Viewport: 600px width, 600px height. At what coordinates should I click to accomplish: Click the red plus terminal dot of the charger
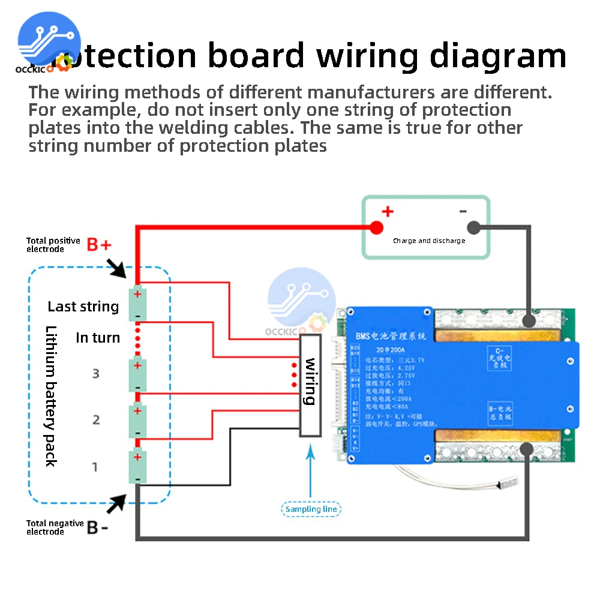coord(376,227)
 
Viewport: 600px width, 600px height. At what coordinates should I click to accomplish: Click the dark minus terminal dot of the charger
coord(473,227)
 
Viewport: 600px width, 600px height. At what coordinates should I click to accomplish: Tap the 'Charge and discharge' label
coord(429,241)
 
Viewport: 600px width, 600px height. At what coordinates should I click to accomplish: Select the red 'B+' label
coord(100,245)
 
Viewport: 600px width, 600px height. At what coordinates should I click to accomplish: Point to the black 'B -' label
coord(98,527)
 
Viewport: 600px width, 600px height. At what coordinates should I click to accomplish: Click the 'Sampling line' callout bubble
coord(311,509)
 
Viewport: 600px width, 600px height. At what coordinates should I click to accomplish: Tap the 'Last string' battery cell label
coord(83,307)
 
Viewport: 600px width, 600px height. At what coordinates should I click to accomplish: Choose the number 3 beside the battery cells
coord(95,373)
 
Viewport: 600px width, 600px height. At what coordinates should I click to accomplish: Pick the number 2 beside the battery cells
coord(96,419)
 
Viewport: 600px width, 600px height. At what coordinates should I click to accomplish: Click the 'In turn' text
coord(98,338)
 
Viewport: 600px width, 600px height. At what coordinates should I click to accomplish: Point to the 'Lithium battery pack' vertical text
coord(51,396)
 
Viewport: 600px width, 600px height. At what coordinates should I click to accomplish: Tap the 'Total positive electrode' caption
coord(53,245)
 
